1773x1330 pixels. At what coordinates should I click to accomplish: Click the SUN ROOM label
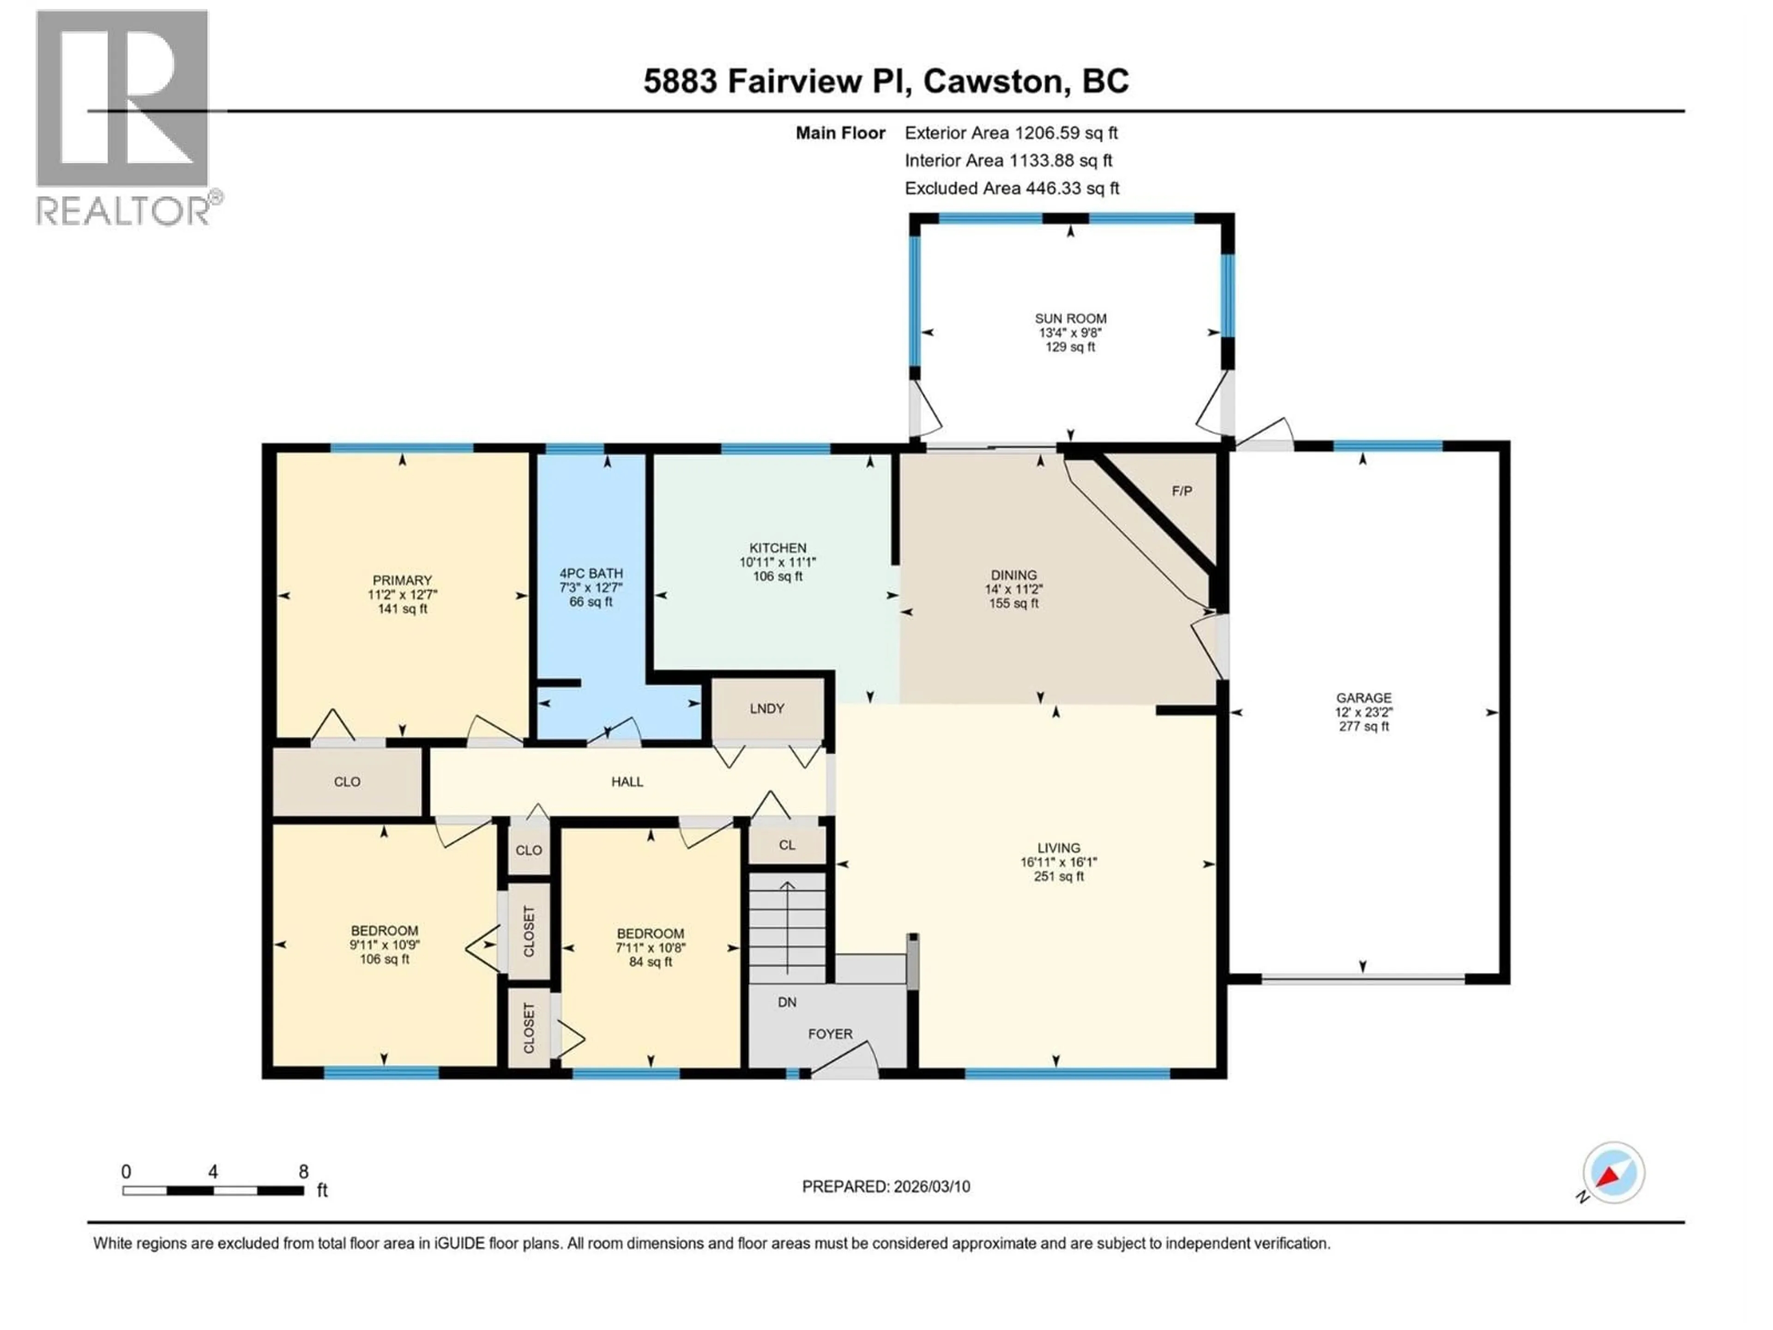[x=1070, y=318]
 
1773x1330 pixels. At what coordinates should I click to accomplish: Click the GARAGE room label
[x=1363, y=697]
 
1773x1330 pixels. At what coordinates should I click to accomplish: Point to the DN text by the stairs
[x=787, y=1002]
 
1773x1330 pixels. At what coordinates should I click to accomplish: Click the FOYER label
[x=830, y=1034]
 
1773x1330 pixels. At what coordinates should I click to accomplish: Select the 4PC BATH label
[x=591, y=573]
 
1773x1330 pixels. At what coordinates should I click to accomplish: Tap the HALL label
[x=627, y=782]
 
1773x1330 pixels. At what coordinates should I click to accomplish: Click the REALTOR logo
[x=124, y=116]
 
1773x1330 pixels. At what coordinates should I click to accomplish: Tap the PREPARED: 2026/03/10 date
[x=886, y=1186]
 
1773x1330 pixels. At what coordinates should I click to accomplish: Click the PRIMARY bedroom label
[x=402, y=580]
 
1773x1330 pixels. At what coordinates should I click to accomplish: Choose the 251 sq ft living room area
[x=1059, y=876]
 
